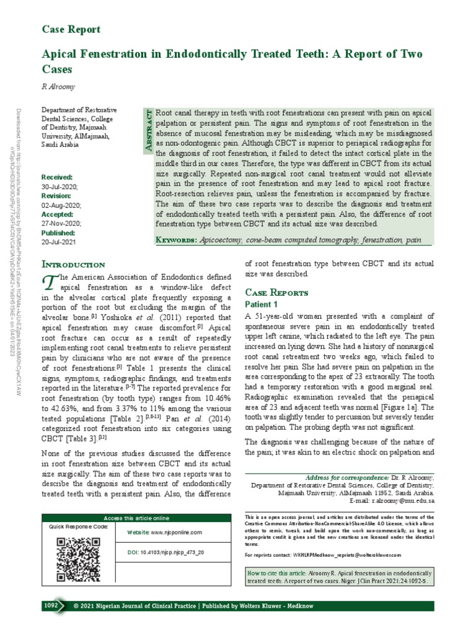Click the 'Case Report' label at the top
(71, 29)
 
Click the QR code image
(70, 559)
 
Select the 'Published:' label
(58, 233)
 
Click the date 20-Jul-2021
(59, 242)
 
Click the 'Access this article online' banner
(136, 518)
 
